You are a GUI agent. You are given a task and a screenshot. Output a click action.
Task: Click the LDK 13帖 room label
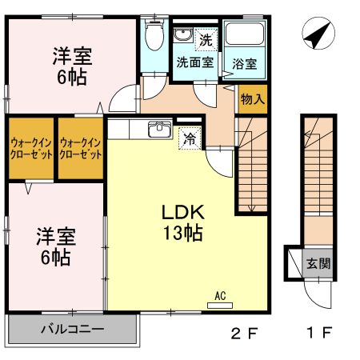[x=185, y=223]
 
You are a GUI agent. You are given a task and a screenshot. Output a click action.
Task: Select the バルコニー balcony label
[x=72, y=329]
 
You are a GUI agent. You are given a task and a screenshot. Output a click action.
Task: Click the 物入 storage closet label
[x=254, y=99]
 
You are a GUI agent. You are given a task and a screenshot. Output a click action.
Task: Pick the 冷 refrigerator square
[x=190, y=137]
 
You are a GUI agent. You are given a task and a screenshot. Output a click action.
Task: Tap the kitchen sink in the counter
[x=160, y=129]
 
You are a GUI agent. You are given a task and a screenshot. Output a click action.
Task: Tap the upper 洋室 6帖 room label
[x=72, y=67]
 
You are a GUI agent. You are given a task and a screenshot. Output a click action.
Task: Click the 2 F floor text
[x=242, y=333]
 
